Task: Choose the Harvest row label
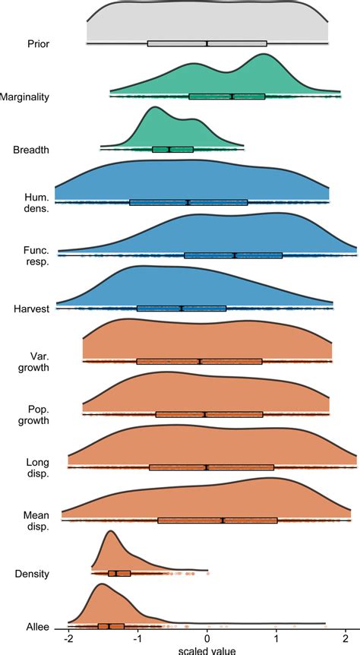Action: [x=32, y=309]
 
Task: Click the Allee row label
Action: [x=36, y=626]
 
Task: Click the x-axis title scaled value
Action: [x=207, y=650]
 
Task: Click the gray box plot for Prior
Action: [x=207, y=43]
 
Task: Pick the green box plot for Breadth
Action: [x=172, y=149]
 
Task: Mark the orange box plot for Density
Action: [x=119, y=573]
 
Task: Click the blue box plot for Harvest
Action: [x=182, y=308]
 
